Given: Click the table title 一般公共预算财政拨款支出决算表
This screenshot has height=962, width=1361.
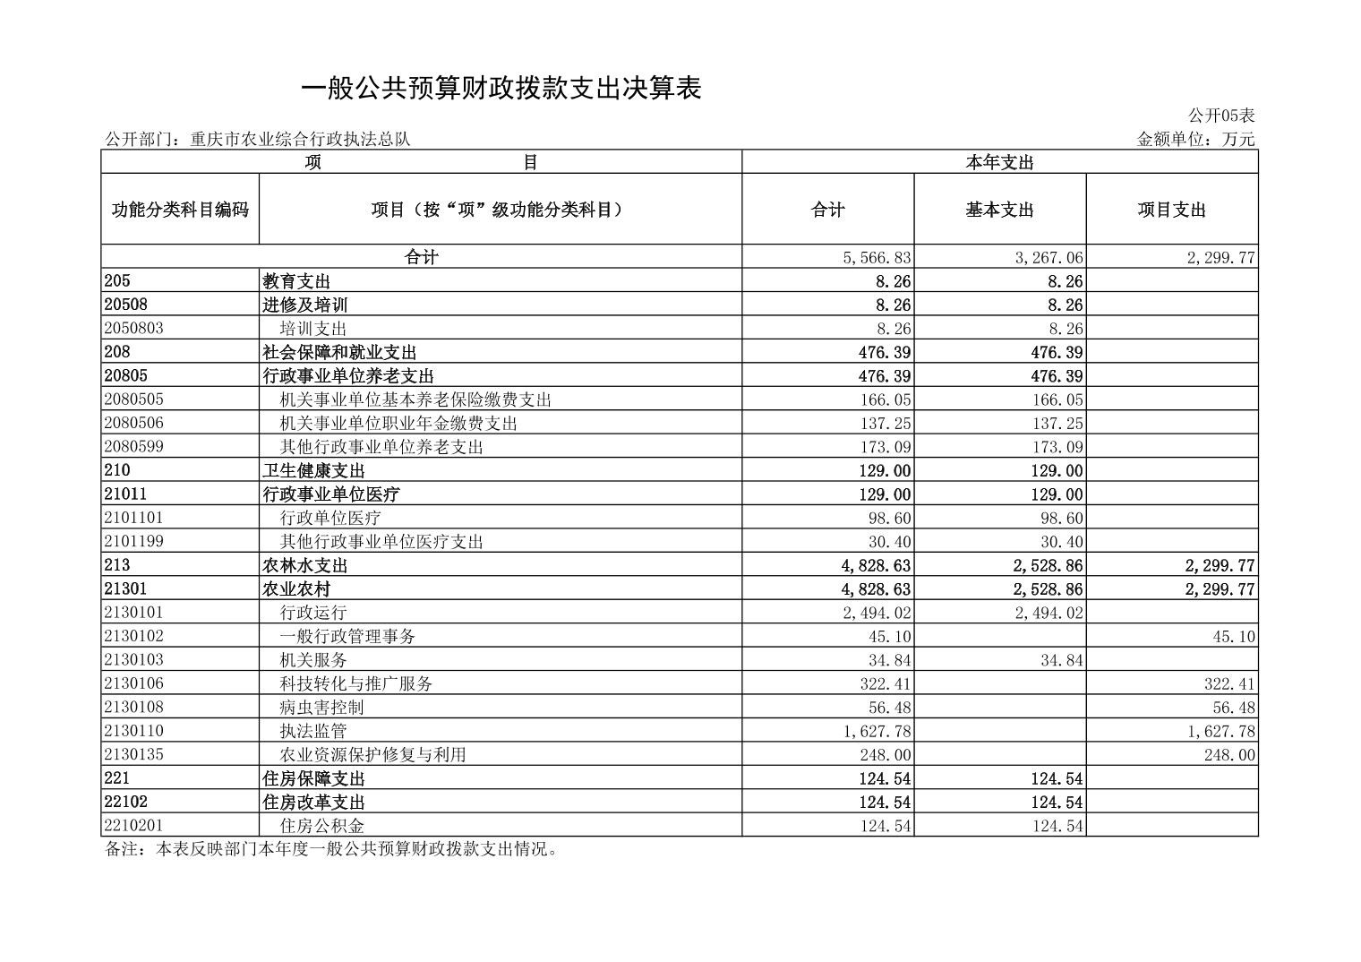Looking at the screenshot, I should point(501,88).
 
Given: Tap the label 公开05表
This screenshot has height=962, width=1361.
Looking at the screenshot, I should point(1221,116).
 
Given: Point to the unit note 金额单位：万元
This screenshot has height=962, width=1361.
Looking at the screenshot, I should point(1195,140).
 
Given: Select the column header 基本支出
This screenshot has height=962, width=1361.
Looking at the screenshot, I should point(999,210).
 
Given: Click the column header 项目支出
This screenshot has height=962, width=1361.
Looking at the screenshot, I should point(1171,210).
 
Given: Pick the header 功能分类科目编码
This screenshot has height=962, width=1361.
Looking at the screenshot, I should point(180,210).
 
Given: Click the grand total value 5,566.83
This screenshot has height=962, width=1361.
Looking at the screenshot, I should point(877,258).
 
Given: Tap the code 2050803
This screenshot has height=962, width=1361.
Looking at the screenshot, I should point(133,328).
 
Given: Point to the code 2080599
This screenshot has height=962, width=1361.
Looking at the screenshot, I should point(133,446).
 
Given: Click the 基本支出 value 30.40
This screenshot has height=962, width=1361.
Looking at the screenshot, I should point(1059,542).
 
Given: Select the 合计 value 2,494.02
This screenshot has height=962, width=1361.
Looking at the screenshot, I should point(877,613).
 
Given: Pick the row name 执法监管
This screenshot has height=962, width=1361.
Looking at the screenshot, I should point(312,731).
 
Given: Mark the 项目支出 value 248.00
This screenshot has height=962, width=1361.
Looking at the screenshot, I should point(1229,755).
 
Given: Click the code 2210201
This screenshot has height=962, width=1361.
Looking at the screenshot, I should point(133,825).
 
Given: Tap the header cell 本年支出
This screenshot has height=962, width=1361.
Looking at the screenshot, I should point(999,162).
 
